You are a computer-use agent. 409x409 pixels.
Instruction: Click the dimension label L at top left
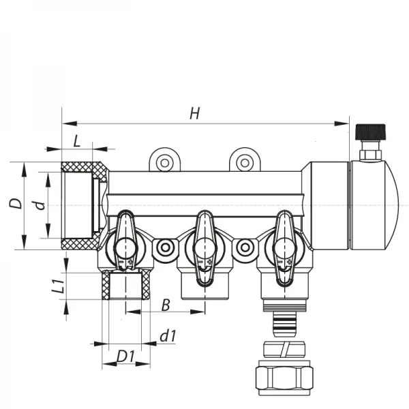click(x=77, y=140)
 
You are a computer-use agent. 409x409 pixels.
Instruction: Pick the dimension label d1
click(x=168, y=335)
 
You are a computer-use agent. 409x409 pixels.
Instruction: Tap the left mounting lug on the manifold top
click(x=164, y=162)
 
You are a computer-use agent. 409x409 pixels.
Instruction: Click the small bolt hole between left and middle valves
click(x=164, y=249)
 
